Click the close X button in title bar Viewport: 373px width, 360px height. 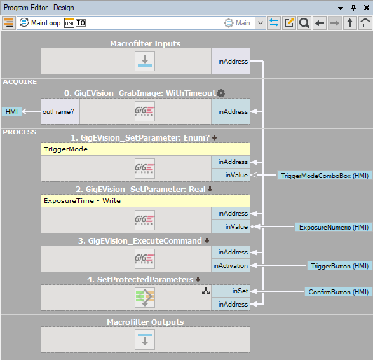[367, 8]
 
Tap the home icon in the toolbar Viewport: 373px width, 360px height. [365, 23]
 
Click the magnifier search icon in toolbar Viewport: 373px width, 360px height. [304, 23]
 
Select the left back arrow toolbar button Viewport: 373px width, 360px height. [320, 23]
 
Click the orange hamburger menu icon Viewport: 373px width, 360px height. [9, 23]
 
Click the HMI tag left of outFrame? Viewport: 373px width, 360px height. [11, 112]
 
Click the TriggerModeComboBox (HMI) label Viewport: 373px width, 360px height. [325, 176]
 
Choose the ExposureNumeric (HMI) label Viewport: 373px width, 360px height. [334, 227]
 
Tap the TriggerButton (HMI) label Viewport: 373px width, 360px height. [340, 266]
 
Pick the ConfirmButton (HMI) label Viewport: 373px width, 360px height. [338, 292]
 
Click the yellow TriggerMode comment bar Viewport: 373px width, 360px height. [146, 149]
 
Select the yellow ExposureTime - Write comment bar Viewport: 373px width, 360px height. [146, 201]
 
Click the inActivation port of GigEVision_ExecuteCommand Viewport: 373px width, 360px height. [231, 265]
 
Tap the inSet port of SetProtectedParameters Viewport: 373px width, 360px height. [231, 291]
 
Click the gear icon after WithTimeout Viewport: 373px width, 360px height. [220, 93]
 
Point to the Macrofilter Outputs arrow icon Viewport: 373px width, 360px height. [145, 340]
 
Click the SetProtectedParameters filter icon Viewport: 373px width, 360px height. [145, 298]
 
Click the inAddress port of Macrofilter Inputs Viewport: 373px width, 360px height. [231, 61]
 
